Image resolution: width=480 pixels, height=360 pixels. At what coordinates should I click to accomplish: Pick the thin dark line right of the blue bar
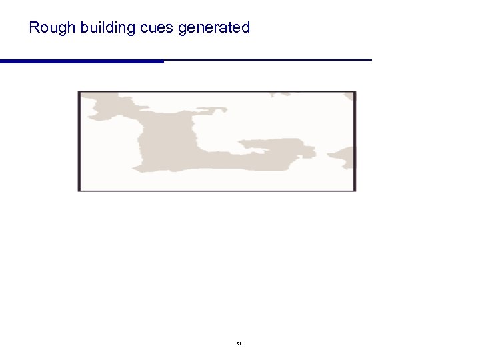267,60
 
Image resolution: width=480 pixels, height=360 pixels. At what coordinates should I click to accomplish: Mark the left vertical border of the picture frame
79,141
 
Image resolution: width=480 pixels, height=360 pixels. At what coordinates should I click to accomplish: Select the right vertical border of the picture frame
355,141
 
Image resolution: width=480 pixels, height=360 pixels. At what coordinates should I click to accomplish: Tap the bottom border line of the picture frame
217,191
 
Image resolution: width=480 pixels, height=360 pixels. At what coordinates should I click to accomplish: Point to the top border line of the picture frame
217,92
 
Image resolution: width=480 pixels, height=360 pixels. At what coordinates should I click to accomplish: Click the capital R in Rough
34,28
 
